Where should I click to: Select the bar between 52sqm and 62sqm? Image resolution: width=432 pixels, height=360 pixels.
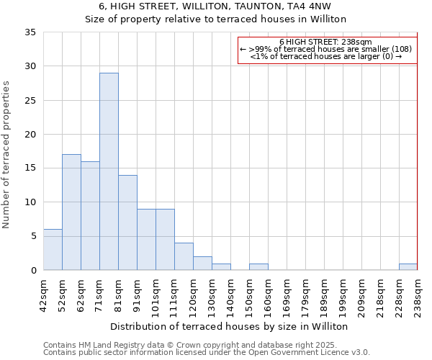[71, 212]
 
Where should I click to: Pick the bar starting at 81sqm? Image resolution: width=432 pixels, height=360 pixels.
[127, 222]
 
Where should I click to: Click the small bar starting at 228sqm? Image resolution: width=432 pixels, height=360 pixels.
[408, 267]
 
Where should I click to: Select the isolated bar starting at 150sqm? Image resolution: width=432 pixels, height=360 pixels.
[258, 267]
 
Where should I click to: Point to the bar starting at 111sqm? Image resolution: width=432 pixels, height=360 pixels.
[184, 256]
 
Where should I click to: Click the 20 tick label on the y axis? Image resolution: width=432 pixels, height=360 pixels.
[31, 135]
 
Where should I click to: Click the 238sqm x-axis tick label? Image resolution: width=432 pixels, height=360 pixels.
[418, 294]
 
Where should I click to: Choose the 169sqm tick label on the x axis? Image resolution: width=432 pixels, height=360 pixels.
[287, 294]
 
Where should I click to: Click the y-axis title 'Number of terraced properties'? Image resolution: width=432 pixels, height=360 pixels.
[6, 155]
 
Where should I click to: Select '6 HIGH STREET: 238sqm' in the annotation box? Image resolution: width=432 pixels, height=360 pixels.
[325, 42]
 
